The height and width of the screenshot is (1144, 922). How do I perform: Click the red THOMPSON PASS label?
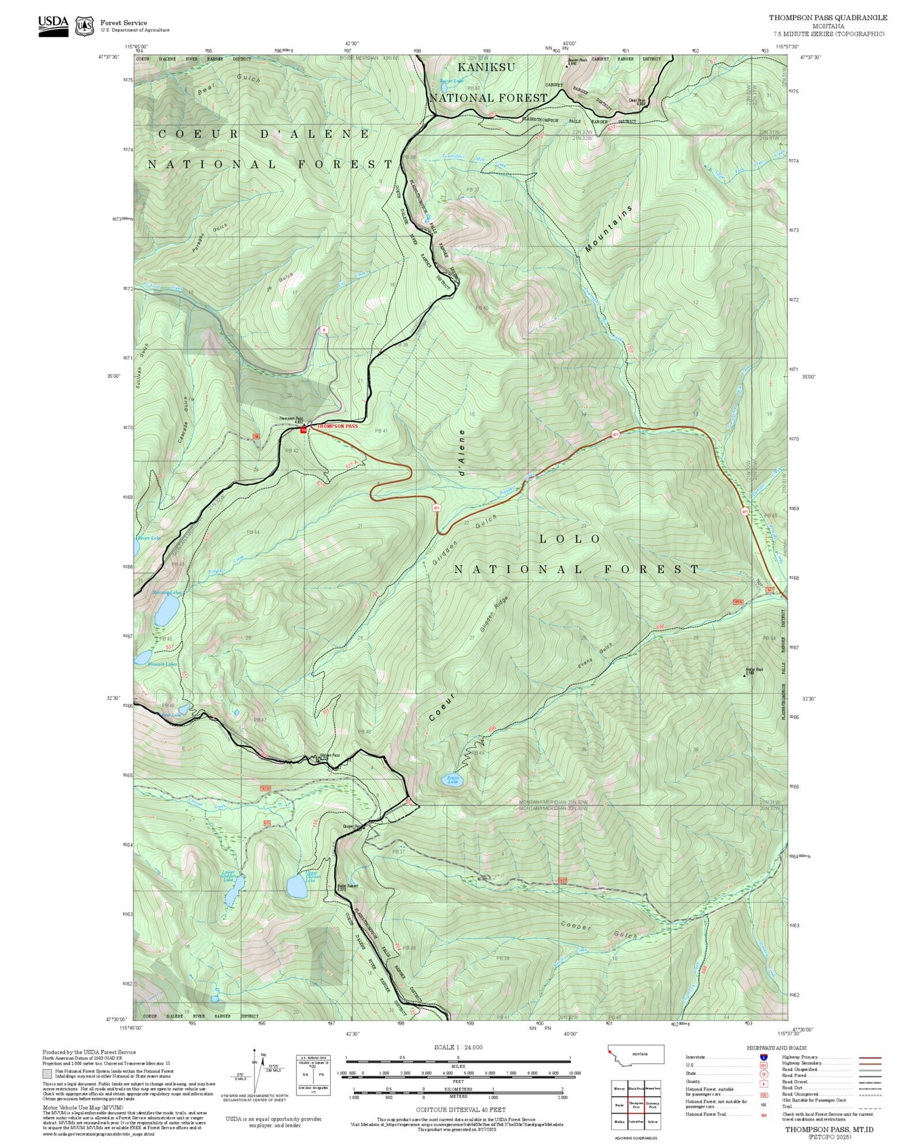(337, 426)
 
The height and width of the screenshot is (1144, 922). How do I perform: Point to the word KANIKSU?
(486, 66)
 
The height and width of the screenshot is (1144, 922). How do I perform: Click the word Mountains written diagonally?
(608, 229)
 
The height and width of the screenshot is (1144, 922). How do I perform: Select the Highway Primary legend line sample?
(867, 1058)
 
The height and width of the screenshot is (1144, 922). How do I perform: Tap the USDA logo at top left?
(53, 25)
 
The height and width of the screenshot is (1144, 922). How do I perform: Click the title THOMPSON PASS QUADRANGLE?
(827, 18)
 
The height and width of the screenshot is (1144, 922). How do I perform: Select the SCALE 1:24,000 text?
(458, 1047)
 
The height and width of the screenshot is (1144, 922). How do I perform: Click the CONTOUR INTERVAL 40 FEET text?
(460, 1110)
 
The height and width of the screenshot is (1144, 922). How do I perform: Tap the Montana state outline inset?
(636, 1054)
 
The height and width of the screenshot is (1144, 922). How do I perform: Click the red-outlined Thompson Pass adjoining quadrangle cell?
(636, 1103)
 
